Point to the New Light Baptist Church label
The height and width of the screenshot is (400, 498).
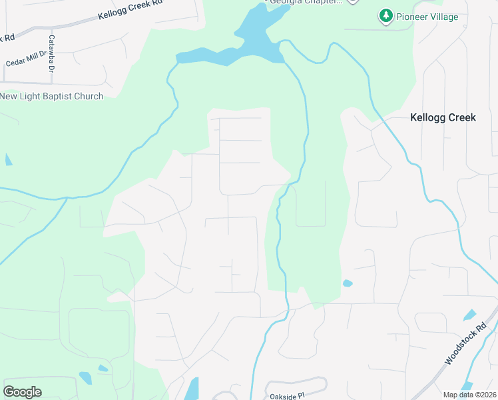(x=52, y=96)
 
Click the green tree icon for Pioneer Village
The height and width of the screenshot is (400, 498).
(x=385, y=16)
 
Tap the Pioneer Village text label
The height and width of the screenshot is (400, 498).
(x=427, y=17)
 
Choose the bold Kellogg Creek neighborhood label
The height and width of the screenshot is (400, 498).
(x=443, y=117)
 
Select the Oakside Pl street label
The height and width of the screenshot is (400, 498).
(x=286, y=395)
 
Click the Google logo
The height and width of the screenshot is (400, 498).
(x=22, y=391)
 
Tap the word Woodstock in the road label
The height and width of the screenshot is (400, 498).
(x=459, y=350)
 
